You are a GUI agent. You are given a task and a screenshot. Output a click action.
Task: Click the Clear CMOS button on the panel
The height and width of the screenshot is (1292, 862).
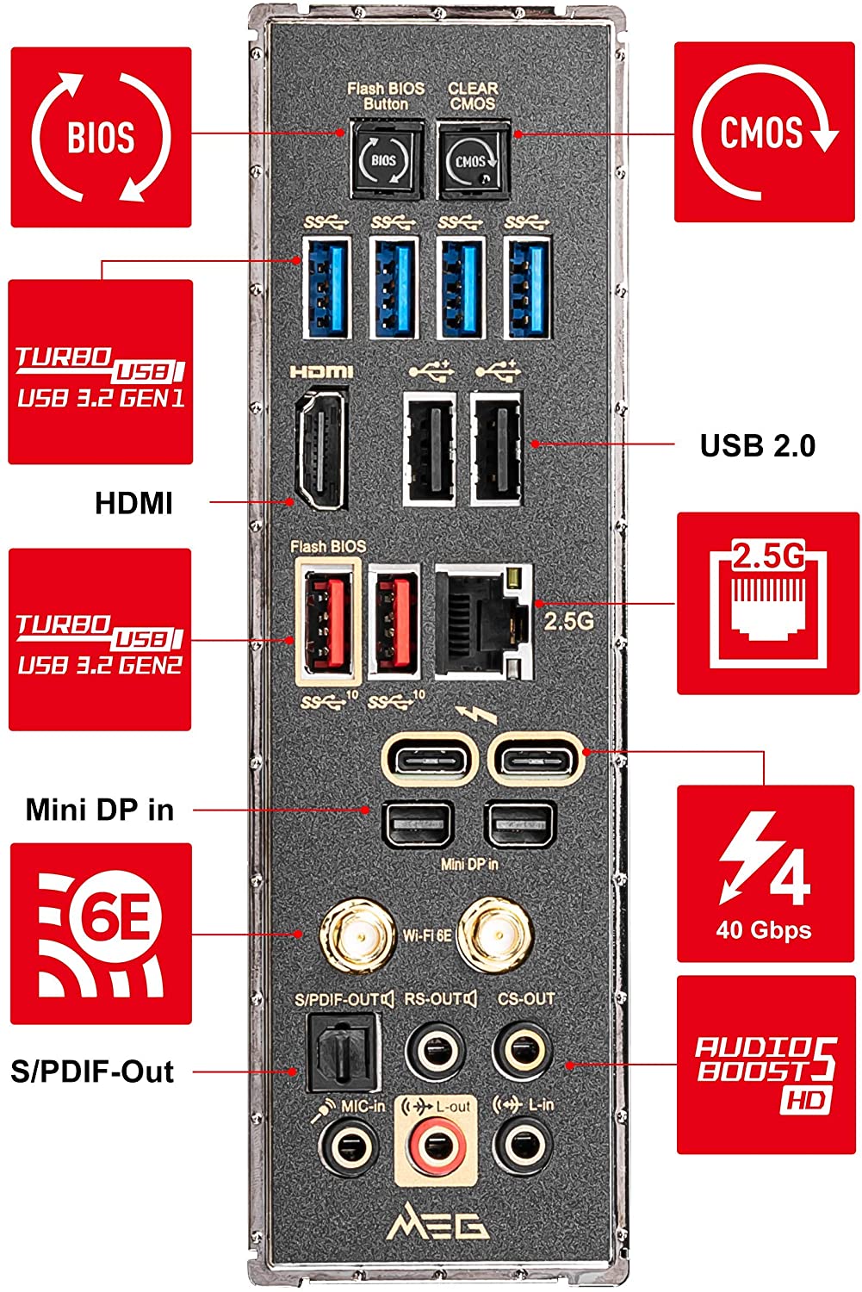pos(474,158)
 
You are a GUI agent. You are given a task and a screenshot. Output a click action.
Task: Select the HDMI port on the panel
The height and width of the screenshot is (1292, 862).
pos(322,448)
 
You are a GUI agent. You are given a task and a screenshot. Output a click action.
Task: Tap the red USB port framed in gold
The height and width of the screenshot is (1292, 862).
pos(328,621)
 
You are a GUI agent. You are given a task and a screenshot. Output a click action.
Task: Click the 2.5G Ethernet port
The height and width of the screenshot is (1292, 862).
pos(483,621)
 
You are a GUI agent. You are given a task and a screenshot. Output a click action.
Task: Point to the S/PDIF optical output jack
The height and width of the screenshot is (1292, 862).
pos(344,1052)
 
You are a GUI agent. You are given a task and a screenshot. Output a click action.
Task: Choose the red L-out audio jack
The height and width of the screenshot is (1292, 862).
pos(436,1146)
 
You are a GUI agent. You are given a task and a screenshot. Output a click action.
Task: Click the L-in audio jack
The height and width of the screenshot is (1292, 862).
pos(524,1146)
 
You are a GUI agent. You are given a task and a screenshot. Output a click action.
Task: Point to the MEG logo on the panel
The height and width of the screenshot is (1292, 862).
pos(437,1221)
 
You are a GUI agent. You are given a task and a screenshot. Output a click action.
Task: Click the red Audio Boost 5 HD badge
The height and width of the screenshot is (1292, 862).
pos(766,1065)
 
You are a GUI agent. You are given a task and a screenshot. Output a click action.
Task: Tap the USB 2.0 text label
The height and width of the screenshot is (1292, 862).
pos(758,445)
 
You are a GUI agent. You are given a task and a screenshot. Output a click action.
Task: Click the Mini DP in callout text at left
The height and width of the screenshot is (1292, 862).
pos(100,810)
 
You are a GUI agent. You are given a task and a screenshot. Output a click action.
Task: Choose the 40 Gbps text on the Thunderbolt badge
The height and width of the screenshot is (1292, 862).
pos(764,929)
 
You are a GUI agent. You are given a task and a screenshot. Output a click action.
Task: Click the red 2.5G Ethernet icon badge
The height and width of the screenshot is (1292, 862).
pos(768,603)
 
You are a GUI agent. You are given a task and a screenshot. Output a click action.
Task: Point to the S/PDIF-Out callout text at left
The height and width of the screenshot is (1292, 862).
pos(92,1071)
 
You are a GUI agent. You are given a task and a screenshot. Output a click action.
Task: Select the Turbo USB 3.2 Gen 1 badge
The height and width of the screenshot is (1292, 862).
pos(101,372)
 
